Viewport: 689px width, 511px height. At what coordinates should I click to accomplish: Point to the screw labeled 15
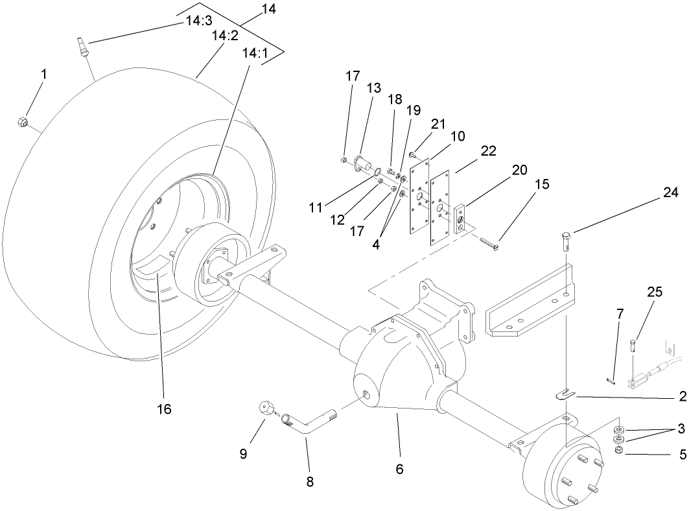point(490,243)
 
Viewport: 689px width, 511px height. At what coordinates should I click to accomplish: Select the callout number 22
point(487,150)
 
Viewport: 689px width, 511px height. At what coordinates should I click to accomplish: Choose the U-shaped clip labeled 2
point(565,393)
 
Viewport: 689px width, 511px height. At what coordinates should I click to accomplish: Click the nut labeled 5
point(618,451)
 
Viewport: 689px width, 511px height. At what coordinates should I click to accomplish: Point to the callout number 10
point(458,136)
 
